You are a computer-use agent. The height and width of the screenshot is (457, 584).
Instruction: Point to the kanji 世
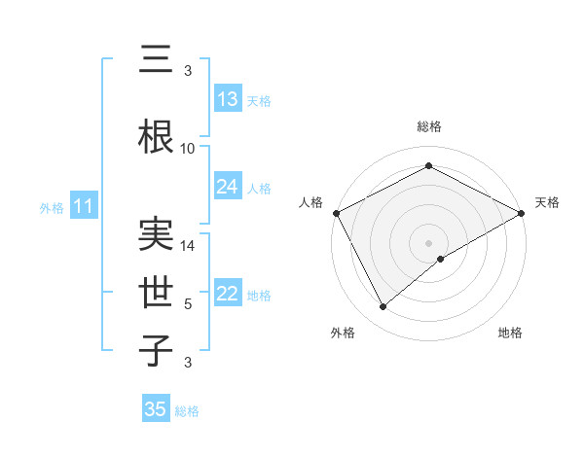point(155,290)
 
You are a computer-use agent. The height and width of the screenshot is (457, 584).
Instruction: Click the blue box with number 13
point(228,100)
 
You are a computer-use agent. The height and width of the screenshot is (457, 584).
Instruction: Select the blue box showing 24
point(228,187)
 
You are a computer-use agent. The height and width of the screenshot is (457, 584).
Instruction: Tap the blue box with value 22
point(228,294)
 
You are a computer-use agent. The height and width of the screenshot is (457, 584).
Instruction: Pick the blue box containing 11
point(84,206)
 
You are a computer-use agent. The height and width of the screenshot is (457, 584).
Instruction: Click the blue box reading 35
point(156,409)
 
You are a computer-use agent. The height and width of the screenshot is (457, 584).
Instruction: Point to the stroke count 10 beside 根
point(188,149)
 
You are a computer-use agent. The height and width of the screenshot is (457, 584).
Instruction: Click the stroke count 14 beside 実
point(188,246)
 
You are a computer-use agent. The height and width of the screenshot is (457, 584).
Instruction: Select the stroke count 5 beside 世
point(188,304)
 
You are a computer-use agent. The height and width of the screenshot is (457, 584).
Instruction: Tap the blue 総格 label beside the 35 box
point(187,411)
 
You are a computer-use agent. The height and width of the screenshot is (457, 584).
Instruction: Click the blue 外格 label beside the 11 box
point(51,207)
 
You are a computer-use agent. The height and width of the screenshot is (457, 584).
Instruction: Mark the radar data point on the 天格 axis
point(522,213)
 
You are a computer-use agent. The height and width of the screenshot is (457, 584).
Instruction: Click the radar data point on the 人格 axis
point(336,213)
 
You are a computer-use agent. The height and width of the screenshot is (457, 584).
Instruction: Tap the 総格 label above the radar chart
point(429,126)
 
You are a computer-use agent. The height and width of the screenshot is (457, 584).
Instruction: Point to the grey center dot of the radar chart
point(429,242)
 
